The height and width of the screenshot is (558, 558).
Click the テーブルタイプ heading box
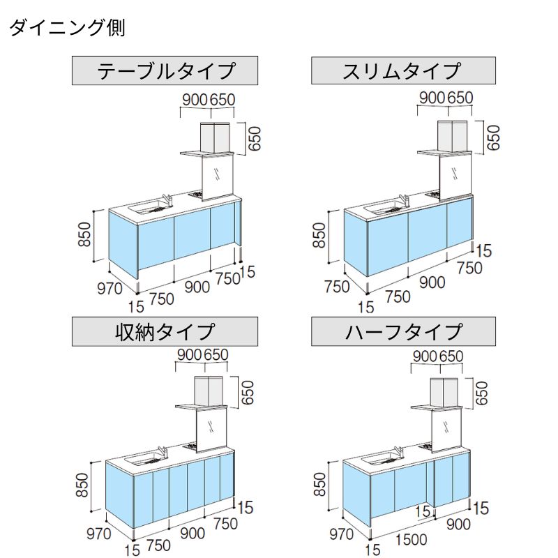coord(165,70)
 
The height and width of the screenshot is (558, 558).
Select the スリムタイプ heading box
coord(403,70)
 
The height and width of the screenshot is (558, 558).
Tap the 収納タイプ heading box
coord(165,331)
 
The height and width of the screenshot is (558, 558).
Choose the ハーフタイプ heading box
coord(403,331)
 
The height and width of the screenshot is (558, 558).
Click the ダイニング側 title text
coord(66,29)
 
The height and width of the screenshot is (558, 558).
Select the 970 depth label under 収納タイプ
coord(98,535)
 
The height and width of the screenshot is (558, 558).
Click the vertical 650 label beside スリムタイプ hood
coord(494,138)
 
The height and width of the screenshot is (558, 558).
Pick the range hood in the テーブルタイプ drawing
coord(215,137)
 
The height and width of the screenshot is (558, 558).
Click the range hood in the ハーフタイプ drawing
coord(448,395)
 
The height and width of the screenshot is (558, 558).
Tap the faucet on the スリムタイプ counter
coord(404,201)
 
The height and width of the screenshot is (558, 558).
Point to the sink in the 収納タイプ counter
coord(143,458)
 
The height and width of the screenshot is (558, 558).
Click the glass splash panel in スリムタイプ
coord(455,172)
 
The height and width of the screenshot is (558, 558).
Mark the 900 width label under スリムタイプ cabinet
coord(432,282)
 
